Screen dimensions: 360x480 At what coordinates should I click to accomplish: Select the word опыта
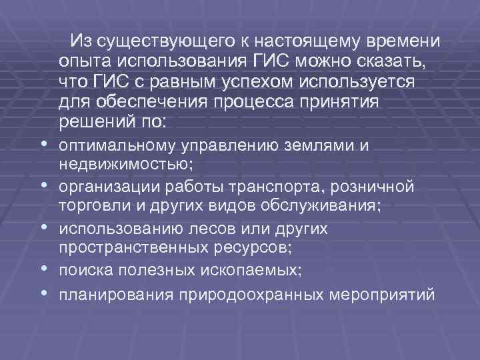click(x=84, y=62)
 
